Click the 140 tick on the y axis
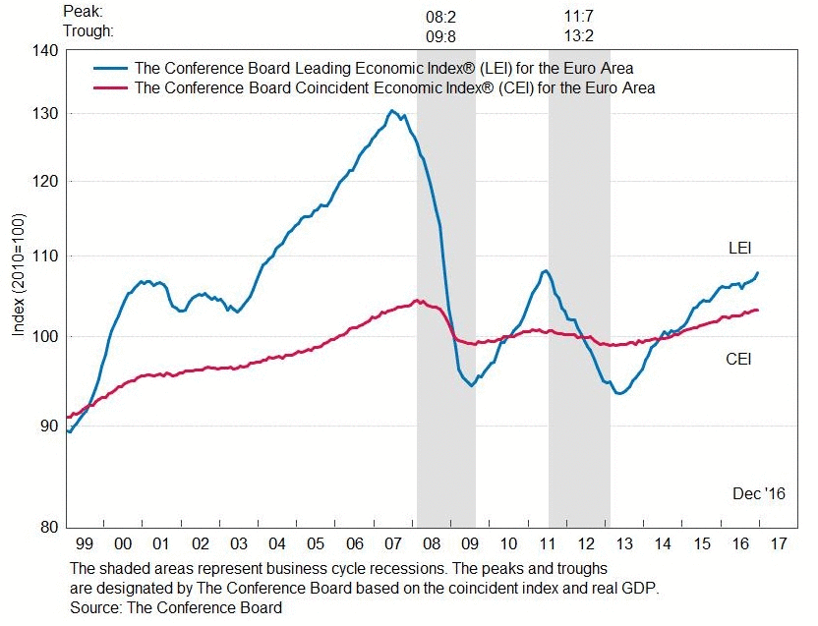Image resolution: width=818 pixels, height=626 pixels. click(x=43, y=49)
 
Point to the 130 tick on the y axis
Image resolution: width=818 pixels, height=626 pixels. click(x=43, y=114)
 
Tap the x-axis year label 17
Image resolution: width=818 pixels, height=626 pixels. click(x=778, y=543)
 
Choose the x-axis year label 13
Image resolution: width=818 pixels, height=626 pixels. click(x=624, y=543)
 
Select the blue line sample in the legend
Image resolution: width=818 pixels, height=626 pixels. click(x=110, y=69)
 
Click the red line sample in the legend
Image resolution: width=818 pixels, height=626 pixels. click(x=110, y=88)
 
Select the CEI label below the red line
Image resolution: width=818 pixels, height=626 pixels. click(x=738, y=359)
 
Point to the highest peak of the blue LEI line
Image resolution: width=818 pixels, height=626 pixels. click(x=391, y=111)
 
